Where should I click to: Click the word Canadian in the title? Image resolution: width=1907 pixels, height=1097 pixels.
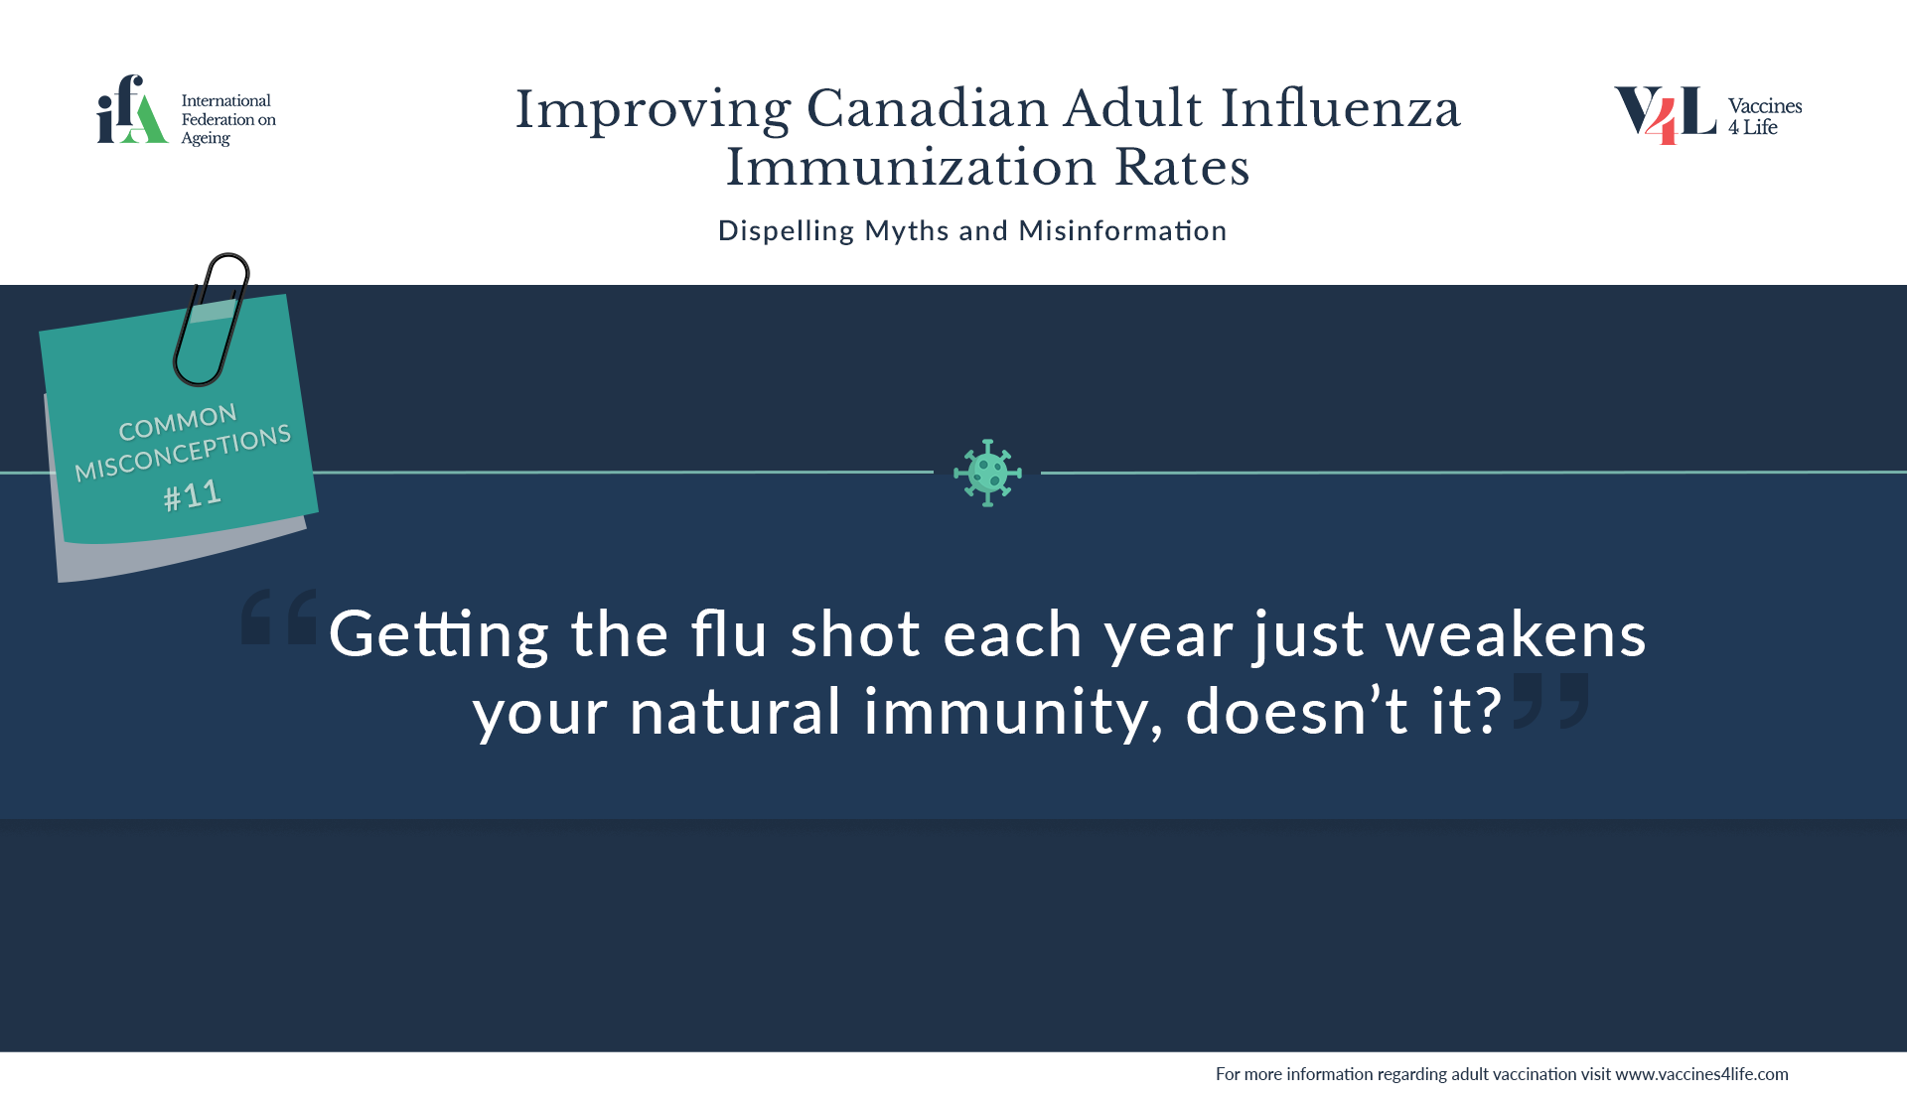click(x=927, y=108)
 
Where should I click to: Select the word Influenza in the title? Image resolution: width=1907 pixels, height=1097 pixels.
click(x=1341, y=108)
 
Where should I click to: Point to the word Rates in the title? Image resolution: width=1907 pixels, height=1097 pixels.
click(x=1182, y=167)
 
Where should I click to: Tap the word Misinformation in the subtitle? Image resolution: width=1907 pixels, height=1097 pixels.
click(x=1122, y=230)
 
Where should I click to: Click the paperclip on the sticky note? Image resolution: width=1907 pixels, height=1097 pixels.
click(x=211, y=319)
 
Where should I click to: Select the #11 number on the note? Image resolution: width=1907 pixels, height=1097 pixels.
click(x=193, y=494)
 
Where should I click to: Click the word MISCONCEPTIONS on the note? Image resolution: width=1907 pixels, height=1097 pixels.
click(x=184, y=453)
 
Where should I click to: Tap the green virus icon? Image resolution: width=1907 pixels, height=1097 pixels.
click(x=987, y=473)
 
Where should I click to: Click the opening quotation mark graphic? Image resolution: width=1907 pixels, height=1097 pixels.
click(x=279, y=617)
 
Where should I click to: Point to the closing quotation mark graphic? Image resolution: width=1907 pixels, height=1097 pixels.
click(x=1550, y=700)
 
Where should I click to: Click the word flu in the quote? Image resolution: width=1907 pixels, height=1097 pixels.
click(x=729, y=633)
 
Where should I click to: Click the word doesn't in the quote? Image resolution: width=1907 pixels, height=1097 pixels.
click(x=1296, y=711)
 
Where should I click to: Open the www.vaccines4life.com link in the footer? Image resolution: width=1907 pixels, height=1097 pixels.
click(x=1701, y=1074)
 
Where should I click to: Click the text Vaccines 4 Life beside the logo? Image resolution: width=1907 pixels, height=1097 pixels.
click(x=1765, y=116)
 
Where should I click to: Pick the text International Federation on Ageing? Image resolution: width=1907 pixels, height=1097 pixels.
click(x=228, y=120)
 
